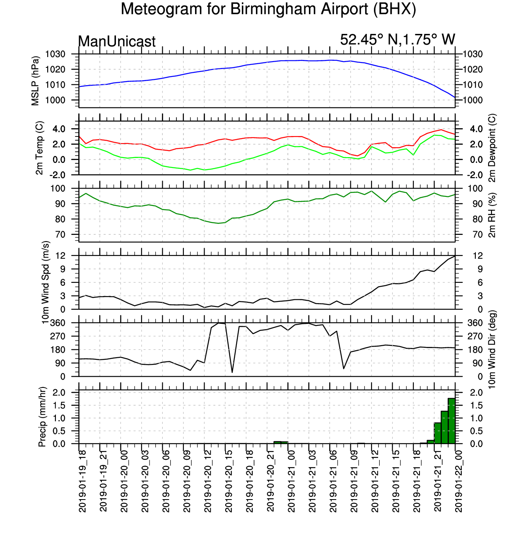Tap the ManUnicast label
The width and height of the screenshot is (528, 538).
117,41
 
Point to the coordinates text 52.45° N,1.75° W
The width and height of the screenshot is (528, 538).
398,39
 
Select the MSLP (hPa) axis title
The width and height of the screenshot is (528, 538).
35,81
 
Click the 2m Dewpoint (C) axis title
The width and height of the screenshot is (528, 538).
492,148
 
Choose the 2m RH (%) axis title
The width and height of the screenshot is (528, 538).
492,215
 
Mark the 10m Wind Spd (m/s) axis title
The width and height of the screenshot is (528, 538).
45,282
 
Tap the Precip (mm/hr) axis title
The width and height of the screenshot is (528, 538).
42,417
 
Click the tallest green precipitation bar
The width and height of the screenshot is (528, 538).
451,421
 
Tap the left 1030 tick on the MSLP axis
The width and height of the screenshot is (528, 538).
55,54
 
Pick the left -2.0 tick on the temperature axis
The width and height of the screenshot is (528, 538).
57,175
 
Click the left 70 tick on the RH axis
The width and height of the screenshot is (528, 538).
60,234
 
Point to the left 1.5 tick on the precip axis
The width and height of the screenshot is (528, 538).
59,405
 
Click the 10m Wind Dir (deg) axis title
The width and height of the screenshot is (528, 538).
492,349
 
